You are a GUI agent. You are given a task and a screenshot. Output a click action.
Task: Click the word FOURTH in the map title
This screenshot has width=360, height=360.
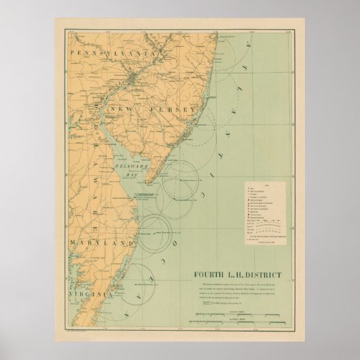204,275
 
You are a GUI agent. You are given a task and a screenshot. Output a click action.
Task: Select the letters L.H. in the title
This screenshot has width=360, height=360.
235,275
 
